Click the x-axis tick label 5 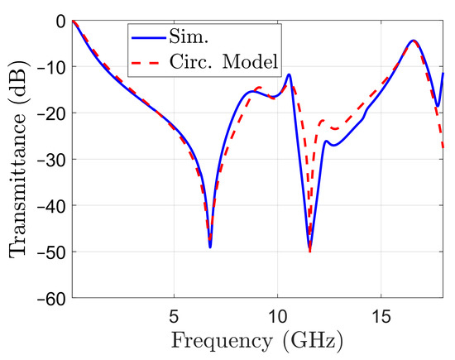174,315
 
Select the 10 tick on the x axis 278,315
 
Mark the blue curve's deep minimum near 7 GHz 210,247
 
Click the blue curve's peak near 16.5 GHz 413,41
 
